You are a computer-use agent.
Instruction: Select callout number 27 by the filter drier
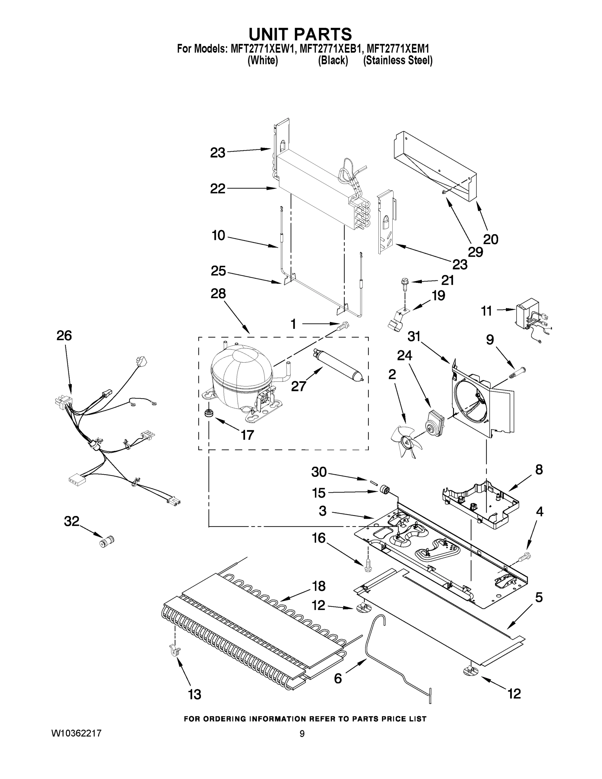coord(299,386)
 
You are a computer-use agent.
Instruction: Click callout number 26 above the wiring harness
coord(64,336)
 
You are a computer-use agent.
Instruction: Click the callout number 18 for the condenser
coord(318,586)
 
